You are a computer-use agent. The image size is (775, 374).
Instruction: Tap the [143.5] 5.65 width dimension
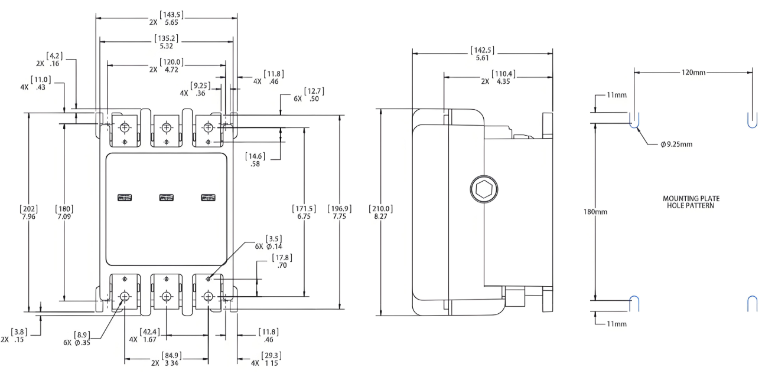tap(171, 18)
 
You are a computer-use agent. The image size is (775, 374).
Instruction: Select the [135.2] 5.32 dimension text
tap(167, 42)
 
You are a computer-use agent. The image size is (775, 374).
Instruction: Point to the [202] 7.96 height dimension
tap(29, 212)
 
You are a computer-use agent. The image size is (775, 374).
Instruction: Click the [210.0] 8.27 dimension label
tap(380, 212)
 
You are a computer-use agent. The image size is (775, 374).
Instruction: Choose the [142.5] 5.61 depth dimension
tap(482, 54)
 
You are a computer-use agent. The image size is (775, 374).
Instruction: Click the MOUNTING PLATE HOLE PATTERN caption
tap(691, 202)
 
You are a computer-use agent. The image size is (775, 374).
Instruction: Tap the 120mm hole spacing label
tap(693, 73)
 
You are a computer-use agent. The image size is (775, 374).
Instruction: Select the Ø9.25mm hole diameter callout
tap(676, 145)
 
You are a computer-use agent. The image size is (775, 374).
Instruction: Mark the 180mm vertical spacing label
tap(595, 212)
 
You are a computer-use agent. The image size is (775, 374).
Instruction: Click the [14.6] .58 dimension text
tap(255, 160)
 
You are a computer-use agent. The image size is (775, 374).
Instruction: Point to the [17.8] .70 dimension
tap(282, 261)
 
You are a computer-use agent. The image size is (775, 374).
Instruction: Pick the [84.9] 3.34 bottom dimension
tap(171, 359)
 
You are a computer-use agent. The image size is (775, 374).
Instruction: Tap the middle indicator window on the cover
tap(167, 198)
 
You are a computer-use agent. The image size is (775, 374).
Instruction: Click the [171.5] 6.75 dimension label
tap(304, 212)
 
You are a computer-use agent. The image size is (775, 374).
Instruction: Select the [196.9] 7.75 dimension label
tap(340, 212)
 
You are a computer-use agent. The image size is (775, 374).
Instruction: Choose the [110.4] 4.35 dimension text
tap(503, 77)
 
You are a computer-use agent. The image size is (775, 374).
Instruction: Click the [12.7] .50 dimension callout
tap(314, 95)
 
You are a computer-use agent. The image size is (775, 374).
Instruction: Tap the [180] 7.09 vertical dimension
tap(64, 212)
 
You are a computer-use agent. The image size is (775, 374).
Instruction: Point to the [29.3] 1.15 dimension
tap(271, 359)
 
